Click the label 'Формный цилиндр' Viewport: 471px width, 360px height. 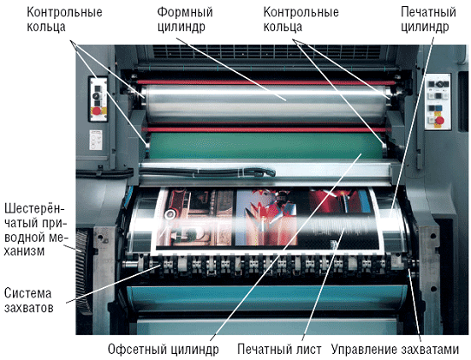click(x=185, y=20)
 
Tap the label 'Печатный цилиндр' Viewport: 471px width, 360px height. click(x=428, y=20)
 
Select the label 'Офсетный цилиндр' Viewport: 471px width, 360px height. click(x=164, y=350)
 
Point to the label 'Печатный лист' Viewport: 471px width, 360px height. click(x=279, y=350)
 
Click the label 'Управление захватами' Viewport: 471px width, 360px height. click(x=395, y=350)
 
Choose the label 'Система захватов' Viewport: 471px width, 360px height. click(x=28, y=301)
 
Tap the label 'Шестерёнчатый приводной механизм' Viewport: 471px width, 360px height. click(x=34, y=230)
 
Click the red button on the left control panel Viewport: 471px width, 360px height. click(x=97, y=111)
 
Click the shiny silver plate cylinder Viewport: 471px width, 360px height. click(x=265, y=104)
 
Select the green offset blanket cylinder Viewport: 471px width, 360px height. click(x=265, y=146)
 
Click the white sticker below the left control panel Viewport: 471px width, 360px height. click(x=96, y=140)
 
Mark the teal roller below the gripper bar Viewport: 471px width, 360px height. click(x=266, y=298)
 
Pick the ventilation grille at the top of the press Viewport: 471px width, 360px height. click(x=266, y=51)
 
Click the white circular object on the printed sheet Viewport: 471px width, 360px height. click(x=170, y=213)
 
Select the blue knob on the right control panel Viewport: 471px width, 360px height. click(x=438, y=108)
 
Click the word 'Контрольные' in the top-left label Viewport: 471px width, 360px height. click(x=64, y=13)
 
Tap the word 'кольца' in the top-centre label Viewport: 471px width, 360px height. click(x=283, y=27)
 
